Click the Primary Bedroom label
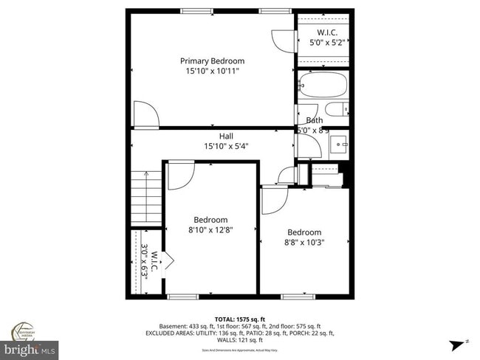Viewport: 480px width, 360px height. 213,61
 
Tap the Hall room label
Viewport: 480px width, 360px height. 226,136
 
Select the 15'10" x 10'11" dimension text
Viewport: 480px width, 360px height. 213,72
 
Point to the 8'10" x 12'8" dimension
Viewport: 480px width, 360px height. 210,230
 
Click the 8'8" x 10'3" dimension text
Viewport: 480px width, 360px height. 305,242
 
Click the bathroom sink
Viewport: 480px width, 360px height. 339,143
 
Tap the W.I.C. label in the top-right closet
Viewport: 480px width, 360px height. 328,32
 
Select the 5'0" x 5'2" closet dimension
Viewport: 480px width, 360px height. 328,43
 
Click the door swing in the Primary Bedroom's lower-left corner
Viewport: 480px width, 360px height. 145,114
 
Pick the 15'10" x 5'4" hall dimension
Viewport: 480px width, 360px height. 226,146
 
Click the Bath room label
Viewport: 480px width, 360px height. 315,120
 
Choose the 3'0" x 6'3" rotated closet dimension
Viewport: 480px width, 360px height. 145,260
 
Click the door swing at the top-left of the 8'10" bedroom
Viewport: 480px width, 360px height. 179,173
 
